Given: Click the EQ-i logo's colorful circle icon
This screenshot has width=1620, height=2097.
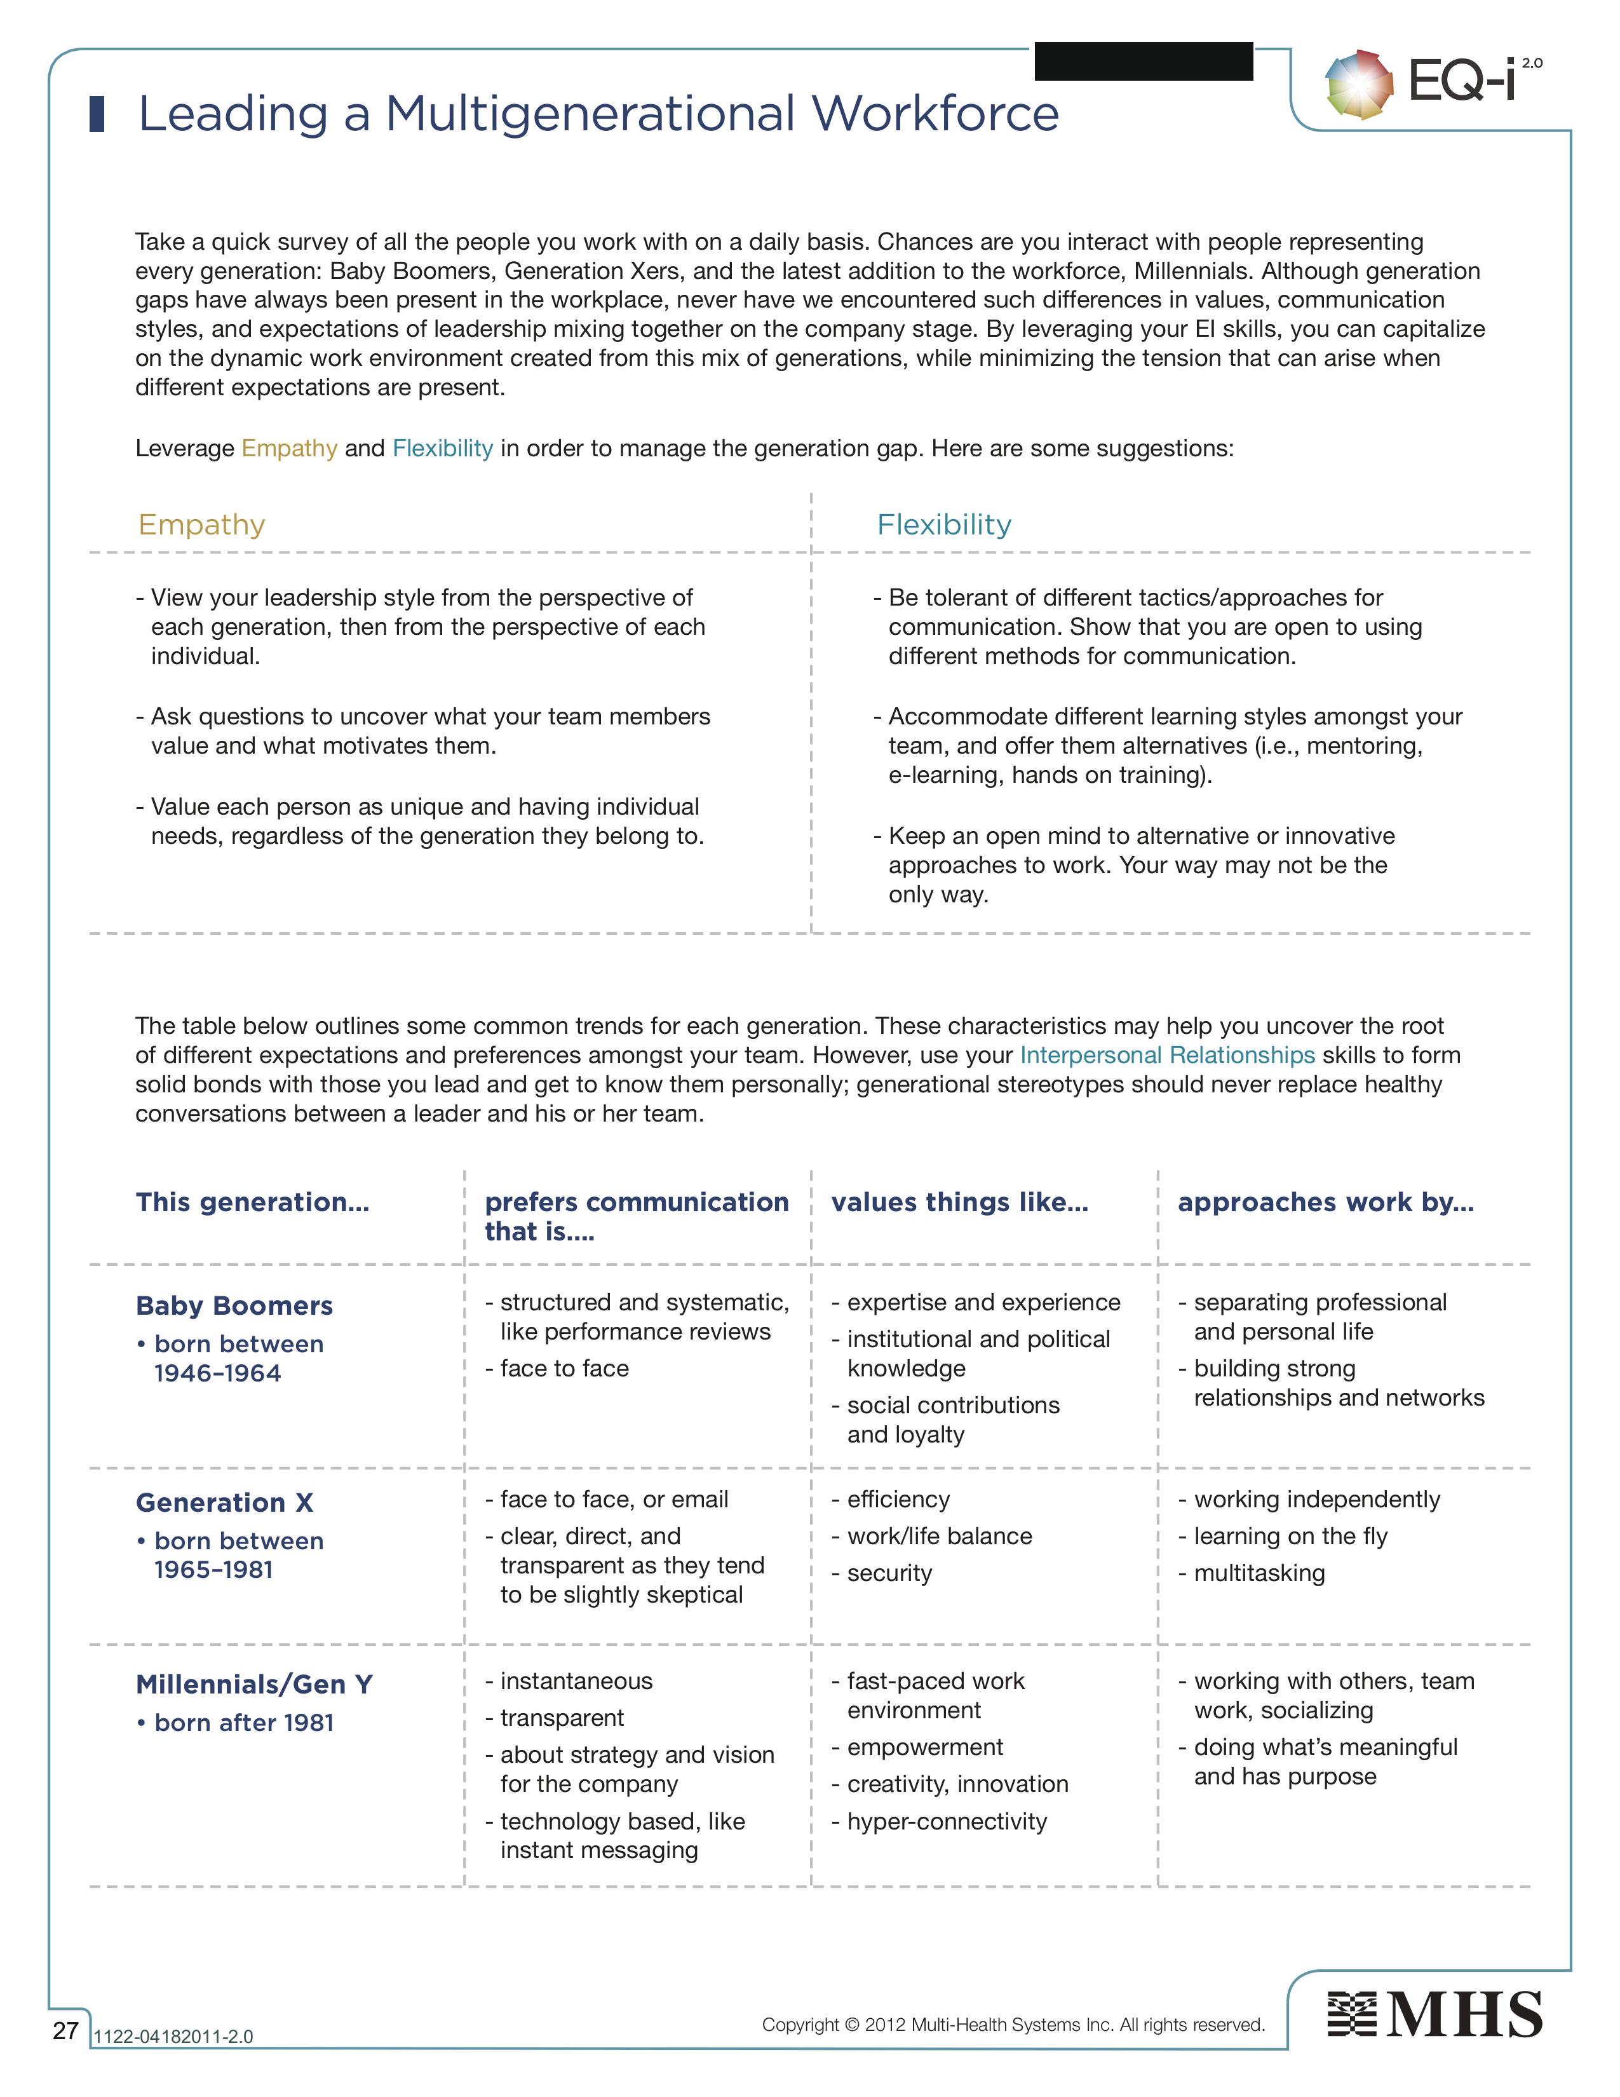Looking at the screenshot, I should pyautogui.click(x=1358, y=85).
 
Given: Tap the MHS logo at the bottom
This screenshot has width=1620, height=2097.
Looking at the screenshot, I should pyautogui.click(x=1434, y=2014).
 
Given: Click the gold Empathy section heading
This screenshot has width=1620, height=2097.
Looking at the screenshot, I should pyautogui.click(x=201, y=524).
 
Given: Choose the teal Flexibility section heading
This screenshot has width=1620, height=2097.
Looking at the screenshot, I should pyautogui.click(x=943, y=524).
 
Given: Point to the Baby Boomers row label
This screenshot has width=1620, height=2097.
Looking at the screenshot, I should pyautogui.click(x=234, y=1306).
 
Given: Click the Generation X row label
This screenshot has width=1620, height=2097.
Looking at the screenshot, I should pyautogui.click(x=224, y=1503).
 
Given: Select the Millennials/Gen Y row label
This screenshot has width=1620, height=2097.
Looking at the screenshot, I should pyautogui.click(x=254, y=1684).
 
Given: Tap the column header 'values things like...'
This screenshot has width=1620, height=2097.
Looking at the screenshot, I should pyautogui.click(x=960, y=1202).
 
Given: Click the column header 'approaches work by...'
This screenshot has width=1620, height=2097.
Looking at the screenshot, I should pyautogui.click(x=1325, y=1202).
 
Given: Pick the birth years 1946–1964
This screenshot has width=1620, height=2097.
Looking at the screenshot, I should pyautogui.click(x=218, y=1373).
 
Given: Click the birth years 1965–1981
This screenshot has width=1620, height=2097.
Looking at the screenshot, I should pyautogui.click(x=213, y=1570).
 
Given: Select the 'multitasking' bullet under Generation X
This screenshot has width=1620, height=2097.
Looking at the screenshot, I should pyautogui.click(x=1258, y=1573).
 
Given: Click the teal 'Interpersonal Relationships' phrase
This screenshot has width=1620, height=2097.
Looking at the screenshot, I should pyautogui.click(x=1167, y=1055).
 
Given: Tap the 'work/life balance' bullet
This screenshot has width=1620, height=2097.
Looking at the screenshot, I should pyautogui.click(x=938, y=1537).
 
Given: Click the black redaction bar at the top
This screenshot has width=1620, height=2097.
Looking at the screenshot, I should pyautogui.click(x=1143, y=62).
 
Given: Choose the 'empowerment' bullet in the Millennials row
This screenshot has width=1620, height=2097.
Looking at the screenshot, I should pyautogui.click(x=924, y=1746).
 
